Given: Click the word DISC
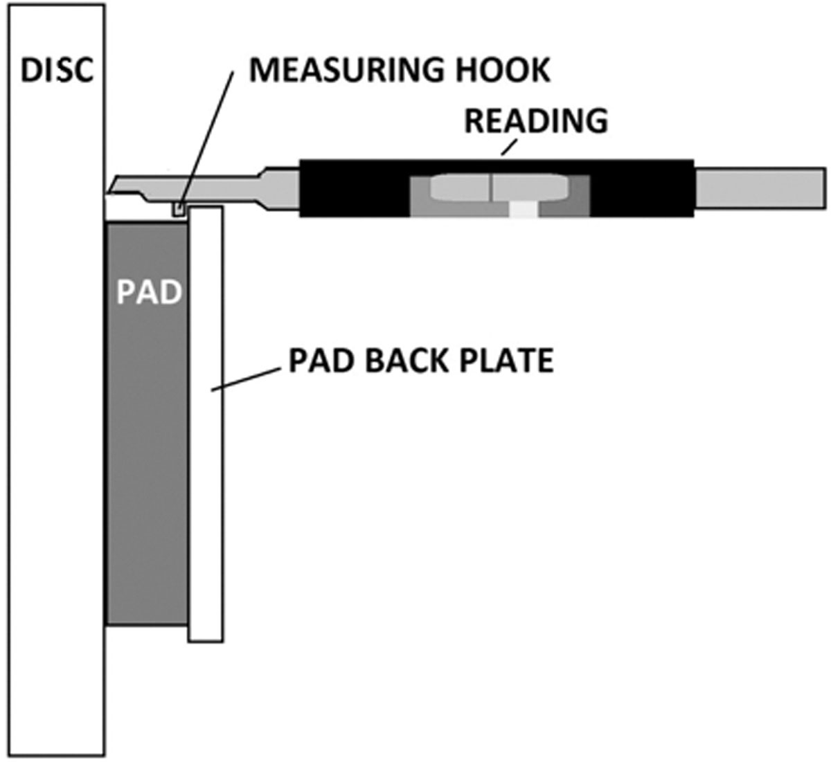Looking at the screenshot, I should tap(57, 71).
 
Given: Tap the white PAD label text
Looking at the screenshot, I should tap(148, 293).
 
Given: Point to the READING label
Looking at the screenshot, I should tap(536, 120).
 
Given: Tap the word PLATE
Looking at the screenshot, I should tap(506, 361).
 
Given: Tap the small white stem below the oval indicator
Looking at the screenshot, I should tap(524, 210).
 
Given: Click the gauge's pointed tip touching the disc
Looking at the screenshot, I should tap(115, 186).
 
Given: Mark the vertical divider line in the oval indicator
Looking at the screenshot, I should tap(492, 186).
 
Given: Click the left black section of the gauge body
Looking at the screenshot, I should tap(353, 188).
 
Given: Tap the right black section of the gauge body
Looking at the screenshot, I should tap(641, 188).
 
